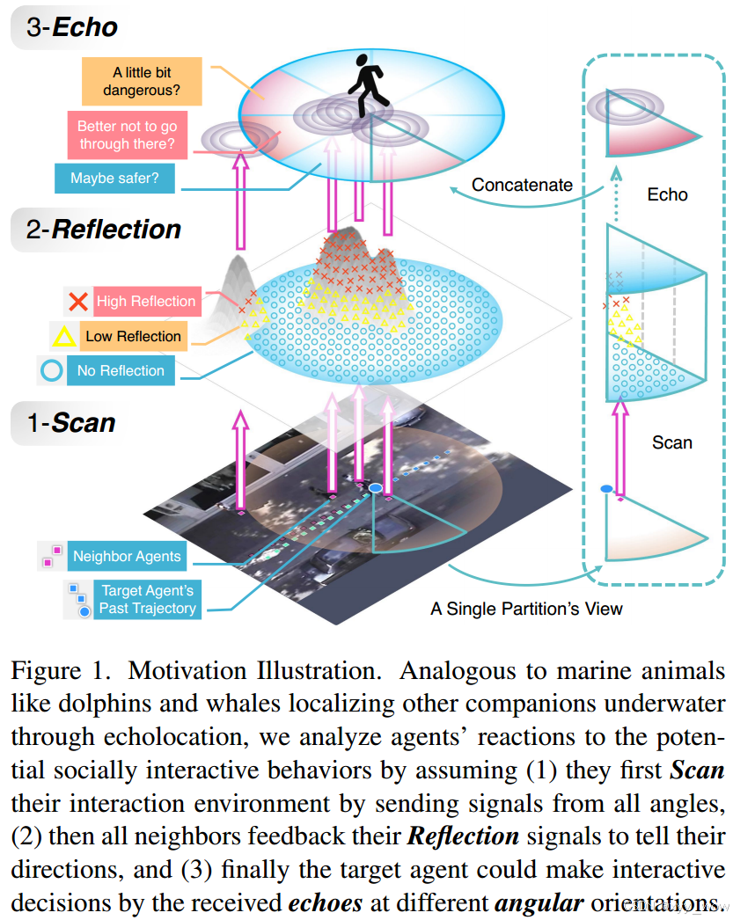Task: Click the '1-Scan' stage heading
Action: pyautogui.click(x=70, y=423)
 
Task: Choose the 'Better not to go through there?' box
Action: pyautogui.click(x=127, y=135)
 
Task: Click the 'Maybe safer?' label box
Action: pyautogui.click(x=115, y=179)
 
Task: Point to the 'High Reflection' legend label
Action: pyautogui.click(x=145, y=302)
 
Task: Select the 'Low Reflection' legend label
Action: pyautogui.click(x=133, y=336)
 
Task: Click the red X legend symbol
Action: pyautogui.click(x=78, y=302)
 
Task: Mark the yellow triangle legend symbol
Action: pyautogui.click(x=64, y=336)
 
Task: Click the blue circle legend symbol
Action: pyautogui.click(x=52, y=370)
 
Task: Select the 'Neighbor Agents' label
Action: pyautogui.click(x=127, y=556)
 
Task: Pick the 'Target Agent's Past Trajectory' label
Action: pyautogui.click(x=146, y=599)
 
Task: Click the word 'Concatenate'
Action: pyautogui.click(x=522, y=186)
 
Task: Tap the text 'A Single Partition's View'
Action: pyautogui.click(x=526, y=608)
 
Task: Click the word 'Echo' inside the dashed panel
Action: pyautogui.click(x=667, y=194)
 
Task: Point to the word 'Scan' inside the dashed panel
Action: pyautogui.click(x=671, y=442)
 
